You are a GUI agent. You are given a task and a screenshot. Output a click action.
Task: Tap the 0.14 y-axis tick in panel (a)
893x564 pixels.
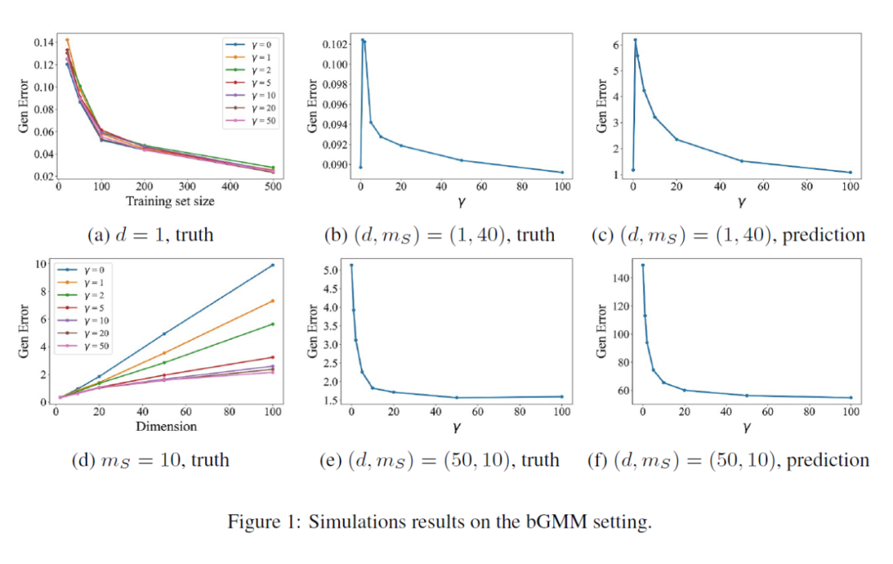[x=43, y=41]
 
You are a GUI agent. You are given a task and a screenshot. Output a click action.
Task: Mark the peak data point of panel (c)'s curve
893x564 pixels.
[x=635, y=40]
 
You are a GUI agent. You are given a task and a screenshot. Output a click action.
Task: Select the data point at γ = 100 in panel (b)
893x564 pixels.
[x=562, y=173]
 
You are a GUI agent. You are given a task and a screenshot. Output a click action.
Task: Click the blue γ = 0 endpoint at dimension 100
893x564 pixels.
[x=273, y=265]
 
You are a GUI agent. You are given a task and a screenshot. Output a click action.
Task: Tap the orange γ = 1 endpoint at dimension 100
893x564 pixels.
[x=273, y=301]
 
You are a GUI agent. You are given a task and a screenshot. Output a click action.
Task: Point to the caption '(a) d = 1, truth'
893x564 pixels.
[x=150, y=235]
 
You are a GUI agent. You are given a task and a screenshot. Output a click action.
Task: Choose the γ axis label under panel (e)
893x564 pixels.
[x=456, y=428]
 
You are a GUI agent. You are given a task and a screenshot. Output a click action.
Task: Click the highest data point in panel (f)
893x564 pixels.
[x=642, y=265]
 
